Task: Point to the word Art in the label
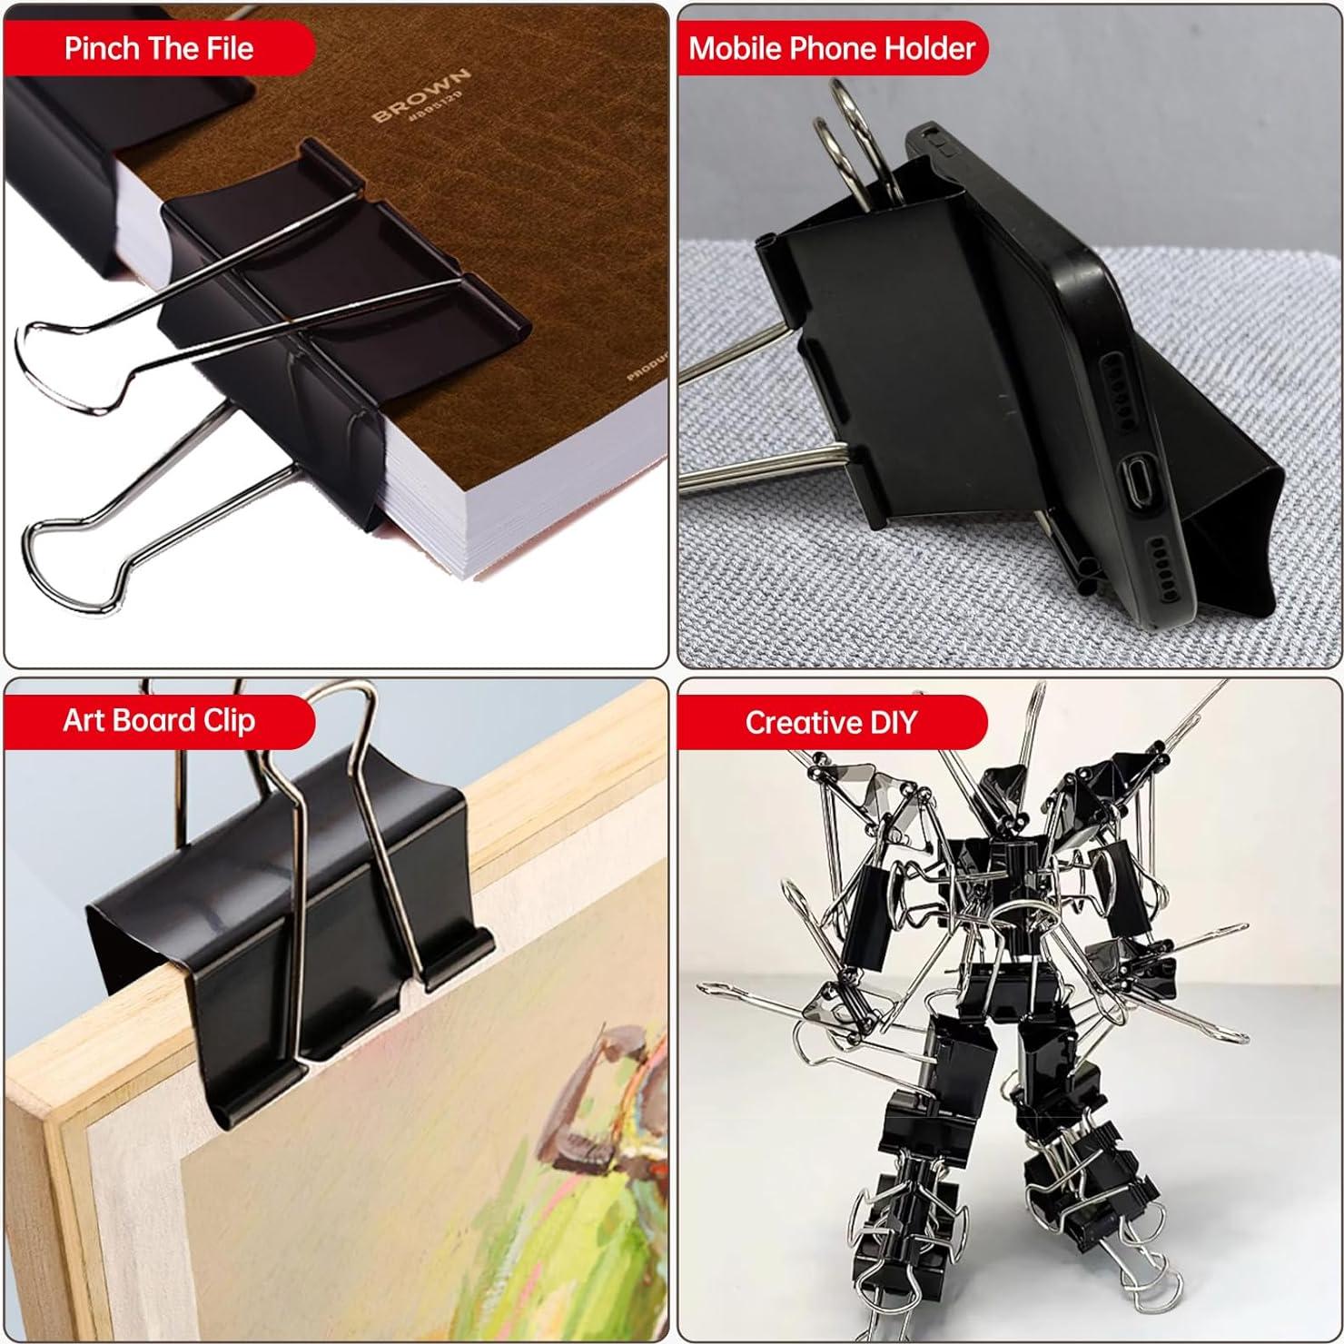tap(84, 721)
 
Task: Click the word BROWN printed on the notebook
tap(421, 94)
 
